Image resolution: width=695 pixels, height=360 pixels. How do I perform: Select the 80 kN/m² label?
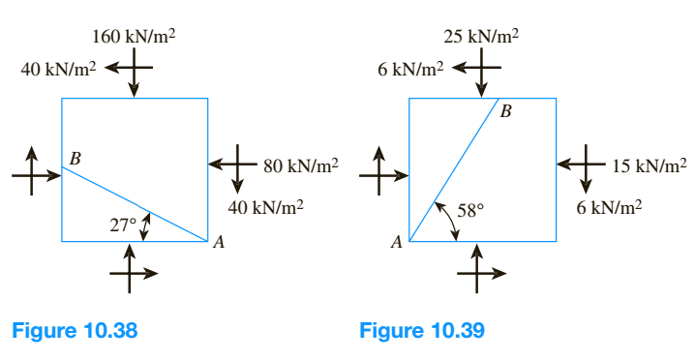point(300,165)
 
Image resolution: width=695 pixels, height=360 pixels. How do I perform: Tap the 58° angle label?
point(469,209)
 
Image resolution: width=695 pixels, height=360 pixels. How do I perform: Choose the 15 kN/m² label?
point(649,165)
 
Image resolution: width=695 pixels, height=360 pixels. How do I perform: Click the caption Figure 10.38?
point(74,330)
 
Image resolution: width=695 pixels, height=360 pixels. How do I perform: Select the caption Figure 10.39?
point(422,330)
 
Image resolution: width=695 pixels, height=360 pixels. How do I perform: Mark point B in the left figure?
point(75,157)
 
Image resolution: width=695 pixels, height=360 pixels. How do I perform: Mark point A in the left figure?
point(219,245)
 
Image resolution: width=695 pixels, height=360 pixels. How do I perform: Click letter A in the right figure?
point(396,244)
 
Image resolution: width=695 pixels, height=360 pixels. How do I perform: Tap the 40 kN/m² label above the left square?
point(57,70)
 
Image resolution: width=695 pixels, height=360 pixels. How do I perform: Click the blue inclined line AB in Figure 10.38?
point(135,203)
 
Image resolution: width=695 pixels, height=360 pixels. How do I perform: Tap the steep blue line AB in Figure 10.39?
point(454,169)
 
